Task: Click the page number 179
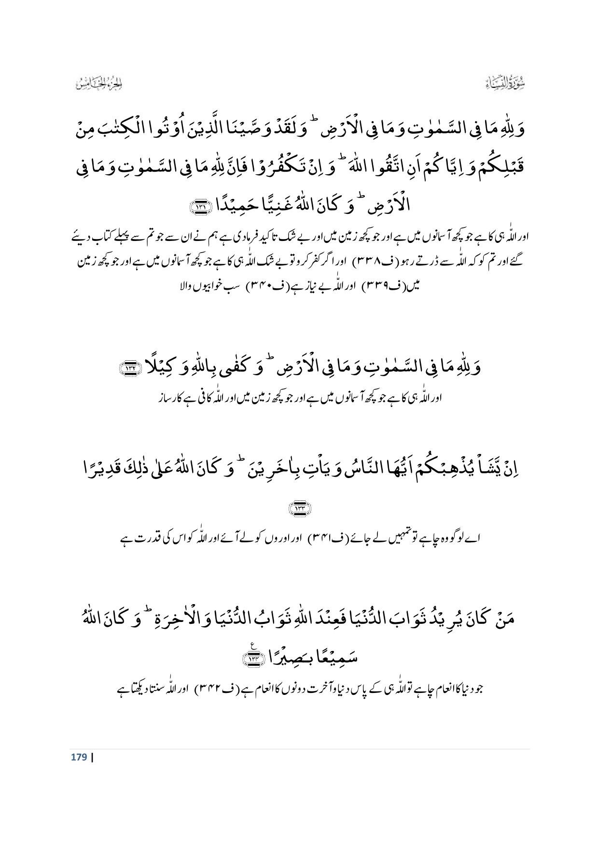pos(79,757)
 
